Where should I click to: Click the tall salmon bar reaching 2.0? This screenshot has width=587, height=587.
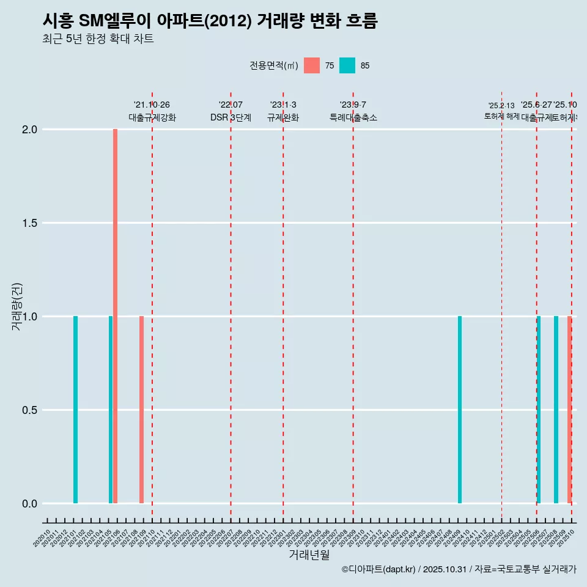pos(115,316)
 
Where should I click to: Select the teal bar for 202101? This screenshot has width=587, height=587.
pos(75,410)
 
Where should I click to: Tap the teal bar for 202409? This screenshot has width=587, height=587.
pos(460,410)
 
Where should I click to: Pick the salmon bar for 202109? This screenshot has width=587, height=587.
pos(141,410)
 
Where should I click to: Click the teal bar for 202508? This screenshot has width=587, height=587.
pos(556,410)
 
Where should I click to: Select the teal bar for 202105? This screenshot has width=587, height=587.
pos(111,410)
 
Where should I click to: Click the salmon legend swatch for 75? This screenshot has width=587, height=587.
pos(312,65)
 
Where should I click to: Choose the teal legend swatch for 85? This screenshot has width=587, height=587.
pos(347,65)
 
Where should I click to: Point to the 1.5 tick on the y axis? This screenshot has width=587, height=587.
pos(29,223)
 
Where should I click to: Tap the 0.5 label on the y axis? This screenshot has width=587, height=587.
pos(29,410)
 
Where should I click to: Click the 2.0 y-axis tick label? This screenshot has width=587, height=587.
pos(29,130)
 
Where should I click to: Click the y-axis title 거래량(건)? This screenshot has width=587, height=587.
pos(17,307)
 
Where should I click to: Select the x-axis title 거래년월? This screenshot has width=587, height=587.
pos(309,555)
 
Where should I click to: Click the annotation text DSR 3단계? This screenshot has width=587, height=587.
pos(231,117)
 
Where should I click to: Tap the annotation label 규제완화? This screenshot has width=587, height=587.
pos(282,117)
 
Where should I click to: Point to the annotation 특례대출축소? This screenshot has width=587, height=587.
pos(353,117)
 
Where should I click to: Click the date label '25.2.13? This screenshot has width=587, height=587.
pos(501,106)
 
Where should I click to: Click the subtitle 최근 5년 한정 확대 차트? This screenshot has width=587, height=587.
pos(98,39)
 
